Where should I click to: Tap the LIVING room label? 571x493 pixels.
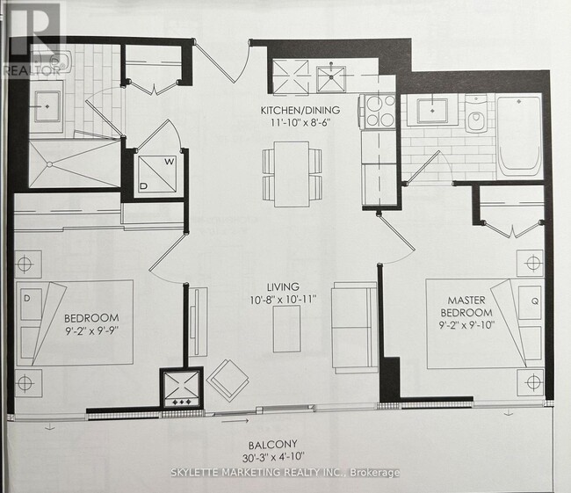pos(285,286)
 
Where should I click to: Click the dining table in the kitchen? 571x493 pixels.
pos(291,173)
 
